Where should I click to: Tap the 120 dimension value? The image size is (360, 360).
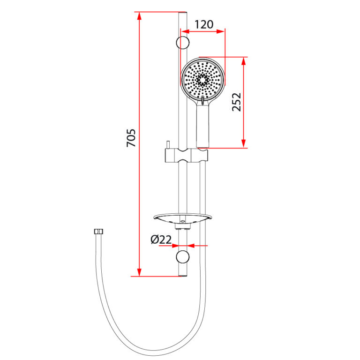pos(204,24)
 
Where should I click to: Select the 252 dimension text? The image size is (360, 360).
pos(237,102)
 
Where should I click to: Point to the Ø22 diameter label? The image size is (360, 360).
pos(161,240)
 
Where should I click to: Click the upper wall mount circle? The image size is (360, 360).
pos(183,43)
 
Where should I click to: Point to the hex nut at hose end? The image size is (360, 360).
pos(98,232)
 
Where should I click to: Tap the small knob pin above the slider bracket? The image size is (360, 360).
pos(167,144)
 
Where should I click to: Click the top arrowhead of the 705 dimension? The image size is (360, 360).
pos(139,15)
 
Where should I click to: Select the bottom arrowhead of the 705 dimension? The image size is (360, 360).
pos(139,272)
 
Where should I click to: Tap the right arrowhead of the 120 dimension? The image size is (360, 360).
pos(222,32)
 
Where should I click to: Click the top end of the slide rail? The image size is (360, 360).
pos(183,13)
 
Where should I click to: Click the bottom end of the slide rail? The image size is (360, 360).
pos(183,276)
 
